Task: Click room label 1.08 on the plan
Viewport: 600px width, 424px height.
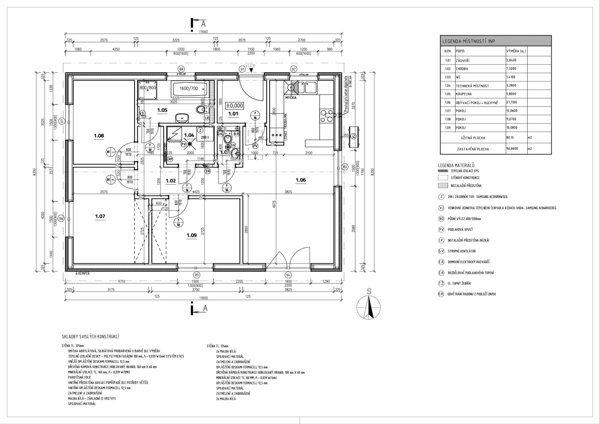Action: coord(99,136)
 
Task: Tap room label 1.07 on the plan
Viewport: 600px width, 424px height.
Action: coord(100,216)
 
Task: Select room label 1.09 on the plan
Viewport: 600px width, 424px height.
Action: coord(192,235)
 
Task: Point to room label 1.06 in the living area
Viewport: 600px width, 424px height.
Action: coord(301,180)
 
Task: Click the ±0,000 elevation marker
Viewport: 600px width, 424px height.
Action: coord(234,106)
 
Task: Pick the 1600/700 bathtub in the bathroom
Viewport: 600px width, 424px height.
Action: coord(188,89)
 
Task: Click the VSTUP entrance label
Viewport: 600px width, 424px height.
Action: coord(250,65)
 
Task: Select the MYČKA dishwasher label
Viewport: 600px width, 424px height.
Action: coord(291,98)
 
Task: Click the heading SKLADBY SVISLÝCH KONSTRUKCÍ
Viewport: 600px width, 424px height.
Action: coord(93,337)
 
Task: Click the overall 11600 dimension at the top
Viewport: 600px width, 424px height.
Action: coord(204,32)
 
